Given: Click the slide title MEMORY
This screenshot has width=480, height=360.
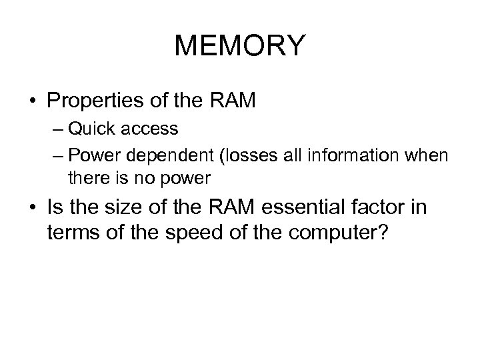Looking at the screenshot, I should [239, 46].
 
